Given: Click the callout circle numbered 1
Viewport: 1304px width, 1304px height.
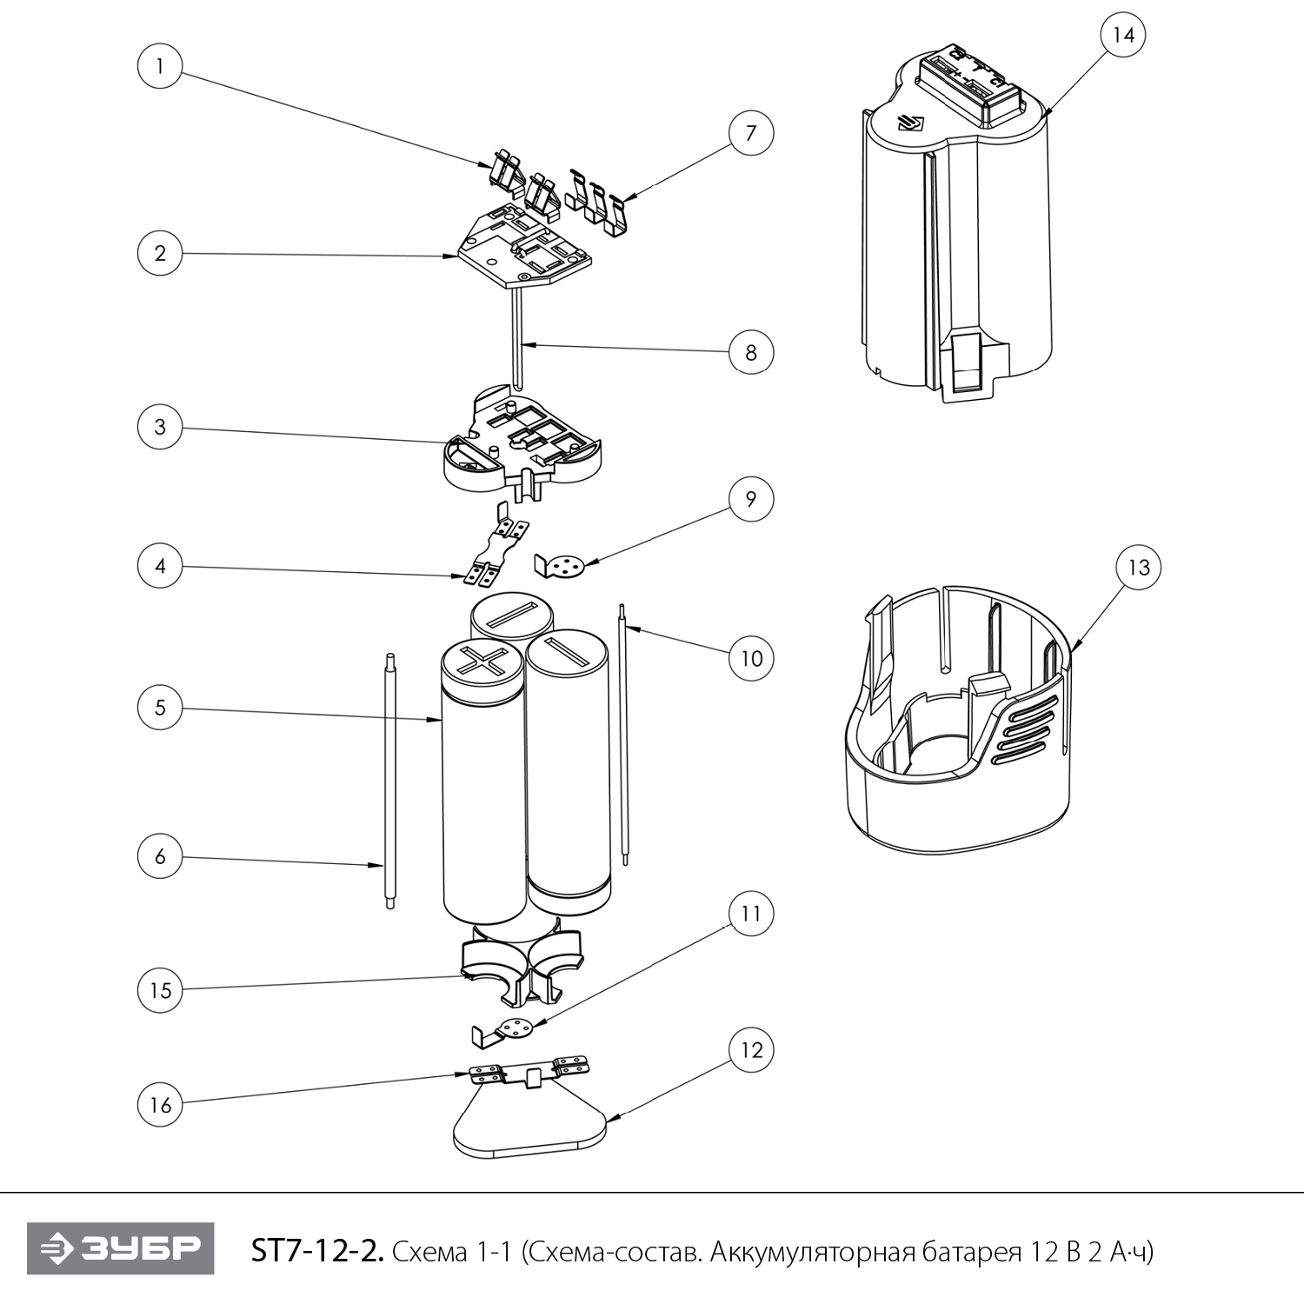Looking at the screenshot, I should pyautogui.click(x=160, y=65).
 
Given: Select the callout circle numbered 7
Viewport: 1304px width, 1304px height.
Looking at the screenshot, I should pyautogui.click(x=750, y=133).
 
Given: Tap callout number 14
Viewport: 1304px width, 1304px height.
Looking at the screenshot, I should pyautogui.click(x=1122, y=35).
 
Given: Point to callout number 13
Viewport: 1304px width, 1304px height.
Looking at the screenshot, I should pyautogui.click(x=1138, y=568).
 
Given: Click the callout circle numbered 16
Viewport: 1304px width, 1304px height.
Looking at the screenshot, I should pyautogui.click(x=160, y=1105).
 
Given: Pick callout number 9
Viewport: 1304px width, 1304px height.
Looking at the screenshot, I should pyautogui.click(x=750, y=499).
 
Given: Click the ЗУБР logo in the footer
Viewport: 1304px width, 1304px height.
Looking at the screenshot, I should pyautogui.click(x=121, y=1249).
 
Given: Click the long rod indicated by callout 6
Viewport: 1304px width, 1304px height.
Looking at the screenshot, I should pyautogui.click(x=390, y=782).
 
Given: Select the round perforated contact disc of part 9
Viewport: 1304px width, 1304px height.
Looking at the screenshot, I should pyautogui.click(x=568, y=565).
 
